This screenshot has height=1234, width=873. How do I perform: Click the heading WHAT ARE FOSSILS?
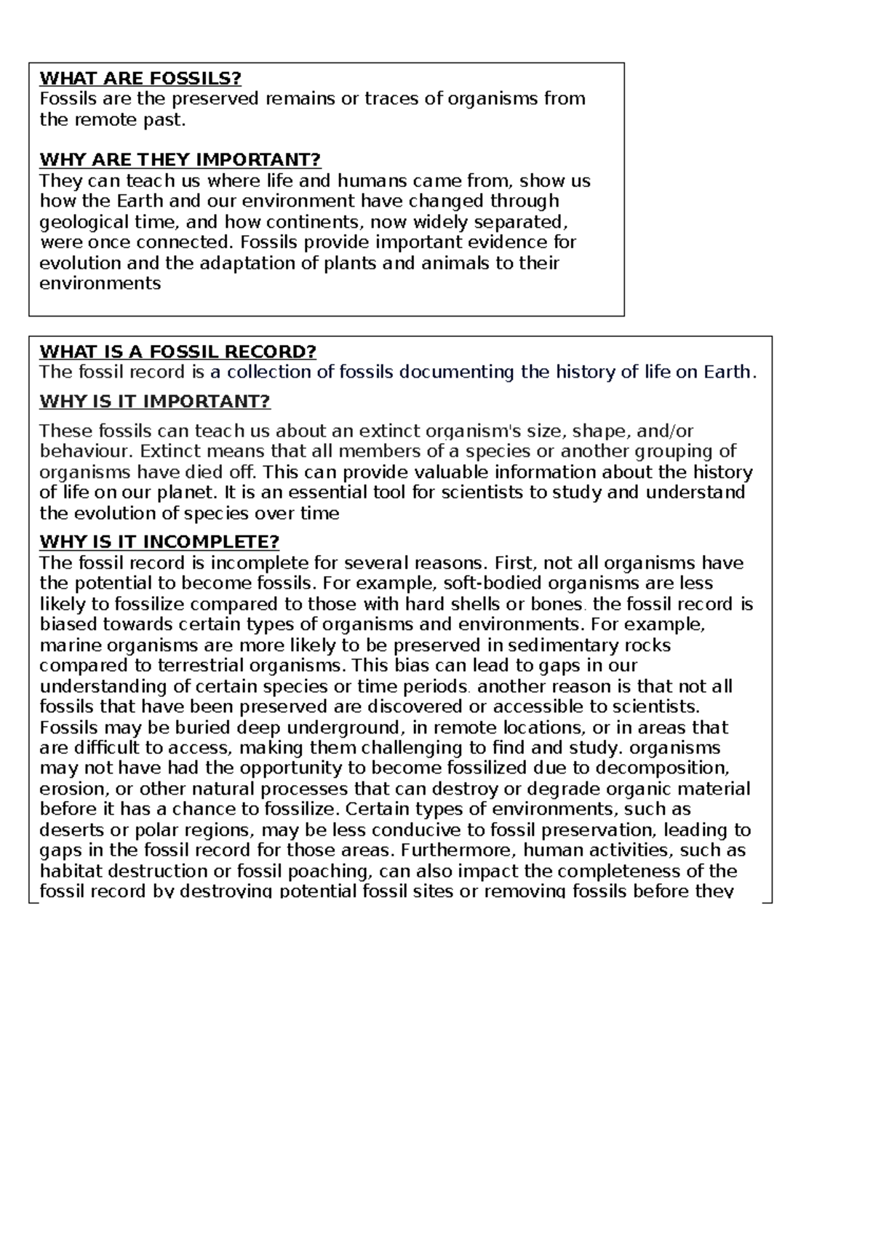tap(140, 78)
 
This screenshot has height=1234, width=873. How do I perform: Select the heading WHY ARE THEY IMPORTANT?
tap(180, 159)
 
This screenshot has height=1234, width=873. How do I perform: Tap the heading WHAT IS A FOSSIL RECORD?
tap(178, 352)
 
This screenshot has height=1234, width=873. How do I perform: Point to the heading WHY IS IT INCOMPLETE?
tap(159, 542)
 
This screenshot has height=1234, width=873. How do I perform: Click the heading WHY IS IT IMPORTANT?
tap(154, 402)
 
